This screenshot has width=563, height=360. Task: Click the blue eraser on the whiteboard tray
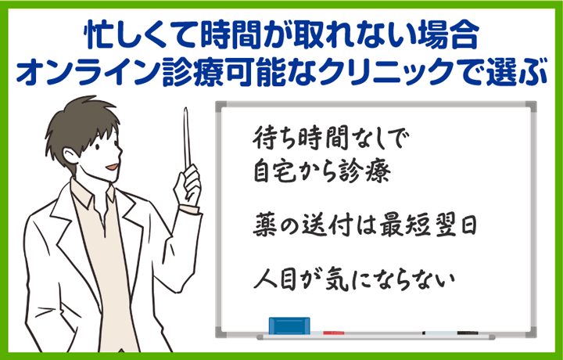coord(289,325)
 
